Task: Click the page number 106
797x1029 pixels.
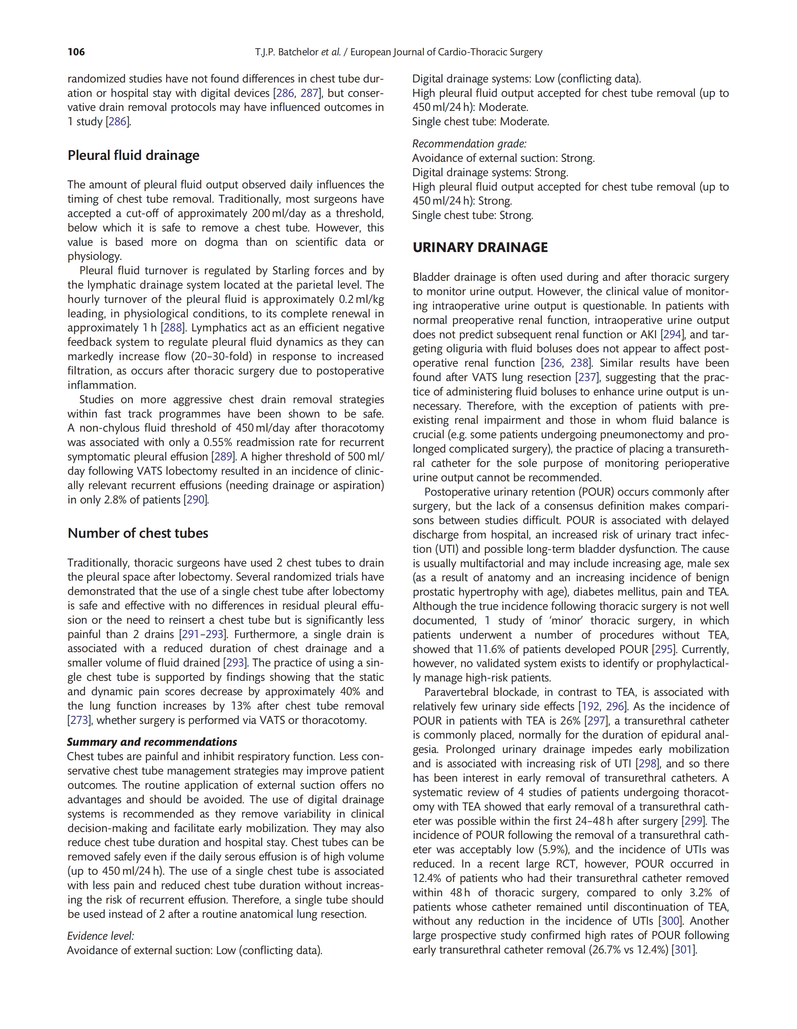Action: pyautogui.click(x=76, y=52)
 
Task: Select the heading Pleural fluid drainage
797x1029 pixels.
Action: pyautogui.click(x=133, y=156)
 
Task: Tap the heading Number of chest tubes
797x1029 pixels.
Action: pyautogui.click(x=138, y=533)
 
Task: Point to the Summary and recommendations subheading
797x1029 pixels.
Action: pyautogui.click(x=152, y=742)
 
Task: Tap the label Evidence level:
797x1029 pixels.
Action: pyautogui.click(x=100, y=936)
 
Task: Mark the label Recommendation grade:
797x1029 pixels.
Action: pyautogui.click(x=469, y=144)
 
